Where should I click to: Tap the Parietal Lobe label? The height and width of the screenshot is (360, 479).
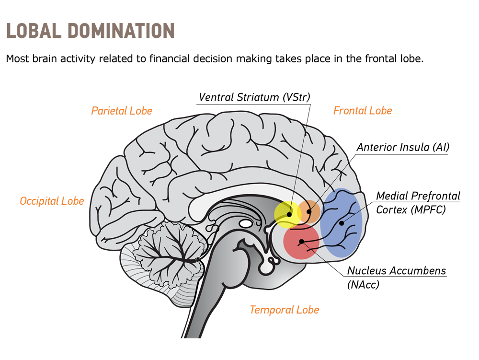(x=122, y=111)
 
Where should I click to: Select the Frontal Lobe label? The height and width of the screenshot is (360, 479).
(x=363, y=111)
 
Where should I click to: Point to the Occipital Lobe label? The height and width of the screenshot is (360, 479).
(x=52, y=201)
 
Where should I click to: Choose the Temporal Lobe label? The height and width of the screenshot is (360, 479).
(x=284, y=310)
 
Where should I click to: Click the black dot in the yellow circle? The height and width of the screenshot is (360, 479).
(x=289, y=215)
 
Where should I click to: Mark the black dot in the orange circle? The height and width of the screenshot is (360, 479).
(x=309, y=211)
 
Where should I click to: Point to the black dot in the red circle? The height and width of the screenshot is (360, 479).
(x=301, y=242)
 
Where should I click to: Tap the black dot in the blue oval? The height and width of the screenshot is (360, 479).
(x=341, y=223)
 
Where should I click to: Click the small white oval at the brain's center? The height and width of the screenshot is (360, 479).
(x=246, y=223)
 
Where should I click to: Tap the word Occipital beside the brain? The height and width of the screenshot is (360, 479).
(x=40, y=201)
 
